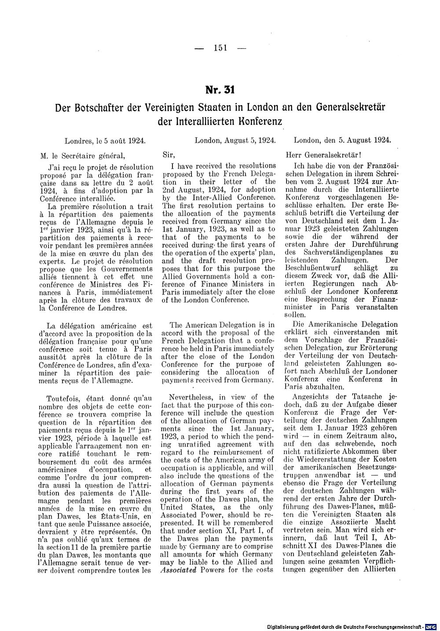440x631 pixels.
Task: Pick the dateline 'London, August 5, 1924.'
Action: (x=235, y=141)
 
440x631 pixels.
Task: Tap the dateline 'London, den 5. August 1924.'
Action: (x=342, y=141)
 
